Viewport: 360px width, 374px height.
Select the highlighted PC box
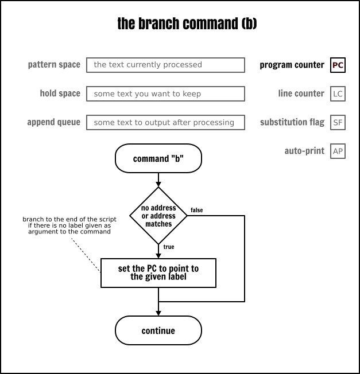(x=338, y=65)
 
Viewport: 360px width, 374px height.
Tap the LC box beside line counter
(x=338, y=94)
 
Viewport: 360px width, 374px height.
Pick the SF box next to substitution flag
(x=338, y=123)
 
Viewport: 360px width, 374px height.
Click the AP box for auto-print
(x=338, y=151)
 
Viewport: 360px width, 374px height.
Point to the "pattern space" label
(x=54, y=65)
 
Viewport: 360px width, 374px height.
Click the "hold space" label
(x=60, y=93)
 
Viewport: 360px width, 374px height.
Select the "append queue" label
(x=53, y=122)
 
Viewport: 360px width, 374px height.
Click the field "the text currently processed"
(x=165, y=65)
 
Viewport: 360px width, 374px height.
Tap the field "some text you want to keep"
(x=165, y=93)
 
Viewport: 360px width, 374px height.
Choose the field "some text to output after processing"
(x=165, y=122)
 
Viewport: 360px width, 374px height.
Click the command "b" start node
(x=158, y=159)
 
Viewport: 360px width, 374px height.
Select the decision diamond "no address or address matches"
(x=158, y=216)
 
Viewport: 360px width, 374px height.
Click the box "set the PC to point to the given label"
(x=158, y=272)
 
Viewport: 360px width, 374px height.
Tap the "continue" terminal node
(x=158, y=330)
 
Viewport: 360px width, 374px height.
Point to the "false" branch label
(x=196, y=211)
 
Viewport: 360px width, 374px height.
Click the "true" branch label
(x=169, y=247)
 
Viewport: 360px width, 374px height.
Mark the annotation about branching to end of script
(x=69, y=225)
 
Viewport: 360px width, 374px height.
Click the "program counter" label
(x=292, y=65)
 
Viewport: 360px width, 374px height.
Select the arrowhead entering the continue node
(x=158, y=313)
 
